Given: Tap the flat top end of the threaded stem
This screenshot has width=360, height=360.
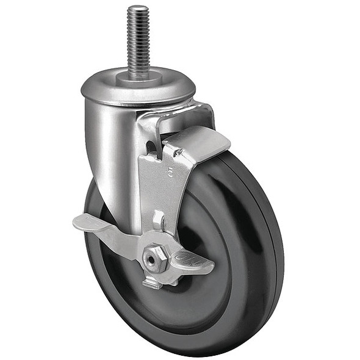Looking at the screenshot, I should coord(138,8).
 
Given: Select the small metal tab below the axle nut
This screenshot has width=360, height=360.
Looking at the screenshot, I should coord(153,283).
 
